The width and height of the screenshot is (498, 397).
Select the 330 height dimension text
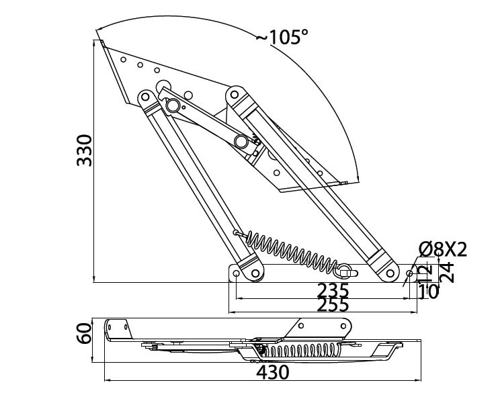pos(84,152)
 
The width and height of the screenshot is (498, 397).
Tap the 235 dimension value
pos(333,291)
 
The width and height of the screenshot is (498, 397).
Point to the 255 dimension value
pos(333,305)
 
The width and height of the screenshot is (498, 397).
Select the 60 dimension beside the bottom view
pos(84,333)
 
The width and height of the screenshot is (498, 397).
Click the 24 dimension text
pos(447,273)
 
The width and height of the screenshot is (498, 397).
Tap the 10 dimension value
pos(428,292)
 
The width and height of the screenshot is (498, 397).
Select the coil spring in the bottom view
pos(302,350)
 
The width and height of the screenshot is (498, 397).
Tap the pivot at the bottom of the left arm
pos(255,273)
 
